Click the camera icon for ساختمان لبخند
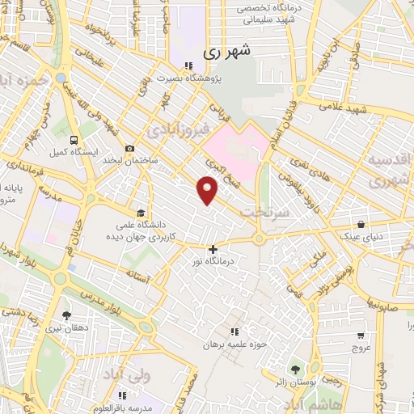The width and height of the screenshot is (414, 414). coord(129,148)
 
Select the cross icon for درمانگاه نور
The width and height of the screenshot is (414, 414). coord(213,250)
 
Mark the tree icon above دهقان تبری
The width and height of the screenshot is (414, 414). coord(66,316)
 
